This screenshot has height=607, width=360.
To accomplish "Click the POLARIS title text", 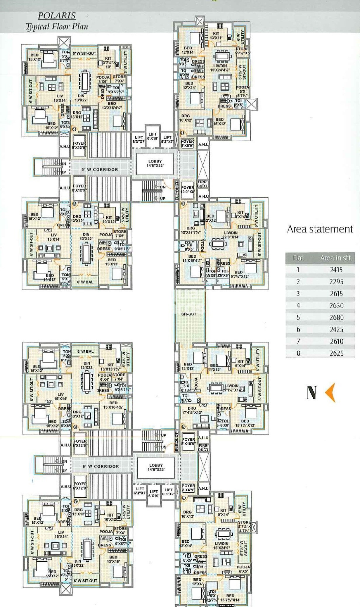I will click(57, 15).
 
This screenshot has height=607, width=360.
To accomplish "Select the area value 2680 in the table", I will click(336, 317).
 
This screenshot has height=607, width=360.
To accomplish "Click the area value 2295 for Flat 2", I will click(336, 282).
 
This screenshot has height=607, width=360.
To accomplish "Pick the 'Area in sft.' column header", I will click(336, 258).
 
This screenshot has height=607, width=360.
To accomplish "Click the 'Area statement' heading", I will click(320, 229).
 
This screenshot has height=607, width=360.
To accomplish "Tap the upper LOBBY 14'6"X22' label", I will click(155, 163).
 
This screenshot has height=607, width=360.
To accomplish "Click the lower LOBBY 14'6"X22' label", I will click(156, 467).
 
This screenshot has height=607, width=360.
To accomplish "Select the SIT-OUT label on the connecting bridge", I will click(188, 314).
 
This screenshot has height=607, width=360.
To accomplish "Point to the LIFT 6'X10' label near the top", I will click(153, 136).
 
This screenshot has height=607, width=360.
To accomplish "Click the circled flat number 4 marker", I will click(74, 129).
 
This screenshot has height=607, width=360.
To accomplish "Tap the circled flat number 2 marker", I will click(184, 204).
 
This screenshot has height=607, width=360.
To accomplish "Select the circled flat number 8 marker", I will click(76, 427).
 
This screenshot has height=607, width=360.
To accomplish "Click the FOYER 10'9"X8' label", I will click(188, 189).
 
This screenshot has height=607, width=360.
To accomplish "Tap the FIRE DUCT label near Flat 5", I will click(203, 448).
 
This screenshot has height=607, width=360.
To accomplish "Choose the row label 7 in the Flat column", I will click(298, 341).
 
